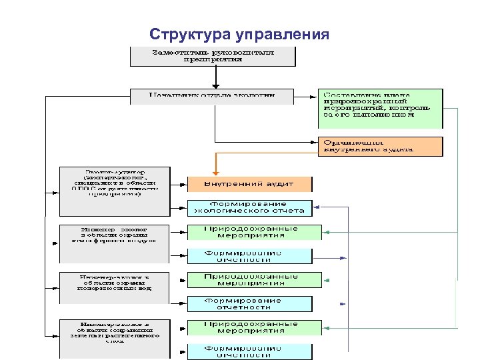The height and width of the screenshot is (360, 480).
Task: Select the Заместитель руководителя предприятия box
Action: point(212,55)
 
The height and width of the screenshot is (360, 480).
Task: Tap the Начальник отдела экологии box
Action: point(211,95)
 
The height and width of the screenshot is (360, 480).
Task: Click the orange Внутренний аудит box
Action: point(249,183)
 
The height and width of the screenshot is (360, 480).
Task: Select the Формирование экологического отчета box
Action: point(249,207)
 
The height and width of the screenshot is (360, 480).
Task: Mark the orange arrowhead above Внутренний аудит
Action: point(215,172)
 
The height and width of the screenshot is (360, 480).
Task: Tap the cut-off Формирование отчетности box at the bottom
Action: point(249,351)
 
